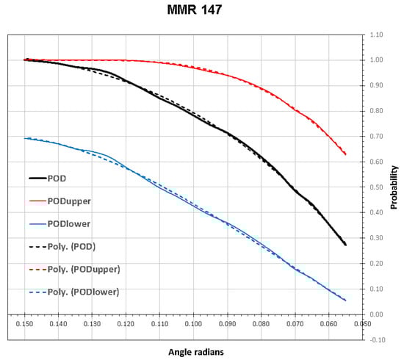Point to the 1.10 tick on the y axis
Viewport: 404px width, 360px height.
tap(375, 35)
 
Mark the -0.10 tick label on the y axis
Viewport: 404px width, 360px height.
tap(375, 339)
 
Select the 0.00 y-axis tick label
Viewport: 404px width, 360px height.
tap(375, 314)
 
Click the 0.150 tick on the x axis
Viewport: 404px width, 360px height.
tap(25, 324)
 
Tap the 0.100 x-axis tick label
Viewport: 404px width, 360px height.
tap(193, 324)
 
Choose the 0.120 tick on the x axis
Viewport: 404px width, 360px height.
tap(126, 324)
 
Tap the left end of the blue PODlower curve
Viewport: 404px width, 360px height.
tap(25, 138)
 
